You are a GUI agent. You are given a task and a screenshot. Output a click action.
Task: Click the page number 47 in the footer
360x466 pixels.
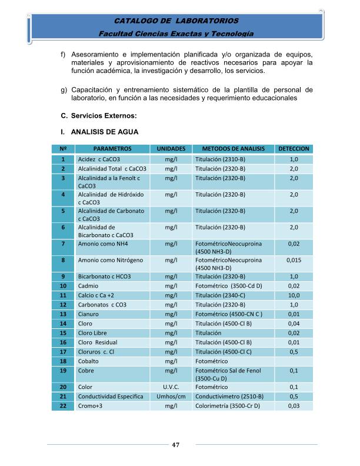click(x=176, y=444)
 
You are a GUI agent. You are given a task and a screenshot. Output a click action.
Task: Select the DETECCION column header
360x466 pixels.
click(x=294, y=149)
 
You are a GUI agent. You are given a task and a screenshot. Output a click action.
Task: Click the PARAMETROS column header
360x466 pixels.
click(x=112, y=149)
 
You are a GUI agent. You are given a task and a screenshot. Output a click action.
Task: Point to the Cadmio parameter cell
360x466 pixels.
click(x=88, y=286)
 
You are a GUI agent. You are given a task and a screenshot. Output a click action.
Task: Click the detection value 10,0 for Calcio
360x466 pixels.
click(x=294, y=295)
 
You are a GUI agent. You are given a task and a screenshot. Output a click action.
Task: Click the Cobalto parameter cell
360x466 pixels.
click(x=91, y=361)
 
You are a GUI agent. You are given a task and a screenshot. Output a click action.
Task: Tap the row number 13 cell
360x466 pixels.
click(x=62, y=314)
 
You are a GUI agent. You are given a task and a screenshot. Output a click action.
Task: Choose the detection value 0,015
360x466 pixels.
click(x=294, y=259)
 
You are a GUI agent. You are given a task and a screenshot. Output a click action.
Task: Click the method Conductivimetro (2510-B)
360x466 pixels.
click(x=229, y=397)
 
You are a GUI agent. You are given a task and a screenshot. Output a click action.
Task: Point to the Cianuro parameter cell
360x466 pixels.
click(x=89, y=314)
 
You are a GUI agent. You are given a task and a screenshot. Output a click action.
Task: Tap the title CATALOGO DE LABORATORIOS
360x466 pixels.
click(x=176, y=22)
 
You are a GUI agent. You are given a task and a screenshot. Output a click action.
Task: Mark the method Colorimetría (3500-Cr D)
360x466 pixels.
click(x=228, y=406)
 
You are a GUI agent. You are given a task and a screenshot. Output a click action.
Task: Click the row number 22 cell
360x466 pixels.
click(x=62, y=406)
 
